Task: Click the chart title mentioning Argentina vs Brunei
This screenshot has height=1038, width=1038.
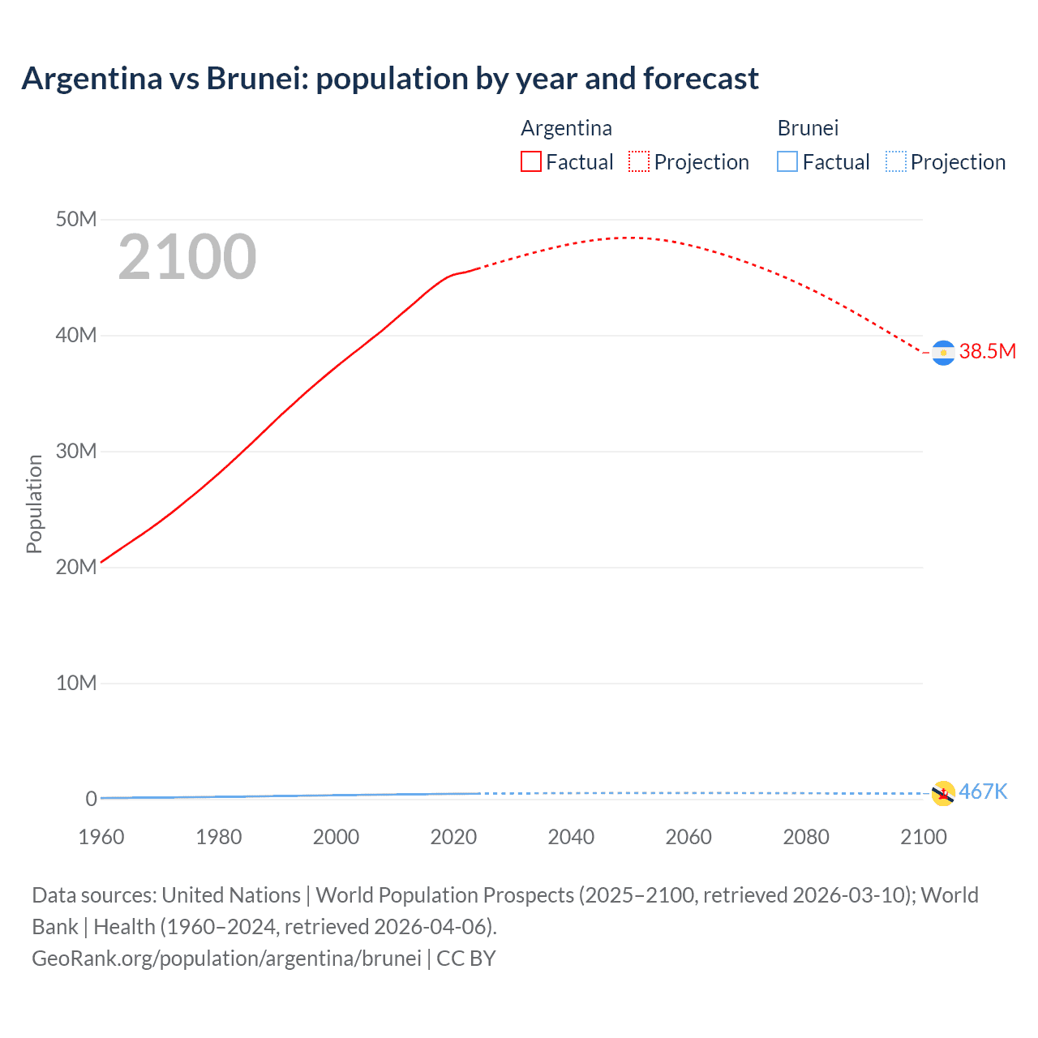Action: click(x=390, y=79)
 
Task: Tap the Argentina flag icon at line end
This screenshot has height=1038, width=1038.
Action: click(x=943, y=353)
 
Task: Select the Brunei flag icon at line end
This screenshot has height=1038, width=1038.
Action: click(x=943, y=793)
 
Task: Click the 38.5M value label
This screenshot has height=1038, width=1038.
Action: click(x=987, y=351)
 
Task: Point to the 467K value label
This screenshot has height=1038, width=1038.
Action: click(x=983, y=791)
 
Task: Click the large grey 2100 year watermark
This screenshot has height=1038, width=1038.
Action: click(x=187, y=257)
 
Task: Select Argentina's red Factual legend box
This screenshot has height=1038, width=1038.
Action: click(x=530, y=161)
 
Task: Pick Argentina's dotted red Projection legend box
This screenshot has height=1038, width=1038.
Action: click(x=639, y=161)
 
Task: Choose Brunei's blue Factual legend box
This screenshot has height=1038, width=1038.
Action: click(x=787, y=161)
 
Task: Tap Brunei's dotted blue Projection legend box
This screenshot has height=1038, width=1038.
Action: click(x=896, y=161)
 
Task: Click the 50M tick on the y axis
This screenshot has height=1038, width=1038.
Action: click(x=76, y=220)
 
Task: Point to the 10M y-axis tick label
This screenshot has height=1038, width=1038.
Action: click(x=76, y=683)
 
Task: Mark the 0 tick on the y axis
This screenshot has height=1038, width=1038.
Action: click(x=91, y=799)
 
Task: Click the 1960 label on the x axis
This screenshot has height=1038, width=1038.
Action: click(x=101, y=837)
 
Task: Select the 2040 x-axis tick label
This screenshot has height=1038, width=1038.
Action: click(x=571, y=837)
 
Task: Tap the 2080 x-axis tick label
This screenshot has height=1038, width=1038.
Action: click(x=806, y=837)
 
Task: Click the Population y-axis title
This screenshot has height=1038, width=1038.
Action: click(x=34, y=504)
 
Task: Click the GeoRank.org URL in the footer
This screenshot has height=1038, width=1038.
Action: click(x=226, y=959)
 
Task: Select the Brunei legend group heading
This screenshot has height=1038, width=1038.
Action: click(x=808, y=128)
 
